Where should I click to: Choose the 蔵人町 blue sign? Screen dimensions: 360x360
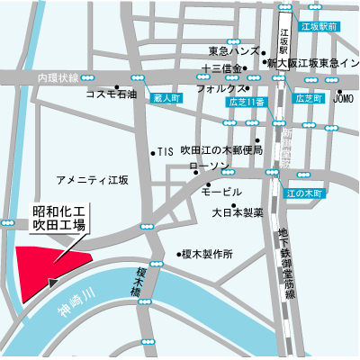167,96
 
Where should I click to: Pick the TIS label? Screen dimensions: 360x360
164,152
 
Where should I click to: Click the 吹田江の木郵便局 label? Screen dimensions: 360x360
220,150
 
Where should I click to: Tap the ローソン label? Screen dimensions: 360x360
208,168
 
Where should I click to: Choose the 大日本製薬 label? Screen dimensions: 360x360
238,213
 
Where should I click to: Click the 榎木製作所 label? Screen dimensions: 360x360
207,255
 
